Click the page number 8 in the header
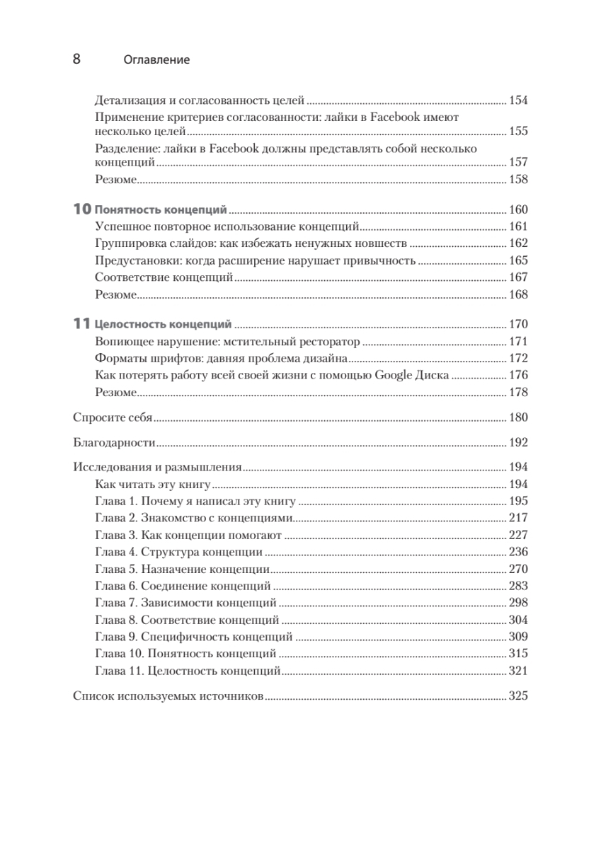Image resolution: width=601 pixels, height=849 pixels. point(77,59)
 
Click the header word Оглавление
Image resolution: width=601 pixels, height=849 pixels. point(156,60)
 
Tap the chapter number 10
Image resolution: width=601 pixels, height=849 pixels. point(82,210)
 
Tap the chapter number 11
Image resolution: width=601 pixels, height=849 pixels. point(82,325)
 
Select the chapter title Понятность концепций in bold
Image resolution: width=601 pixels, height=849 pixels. point(161,210)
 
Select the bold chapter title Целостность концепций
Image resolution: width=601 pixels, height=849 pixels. point(164,325)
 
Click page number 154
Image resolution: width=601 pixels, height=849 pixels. point(519,100)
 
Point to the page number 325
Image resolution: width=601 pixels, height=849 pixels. point(519,696)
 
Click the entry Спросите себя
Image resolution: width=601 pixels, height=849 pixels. point(113,417)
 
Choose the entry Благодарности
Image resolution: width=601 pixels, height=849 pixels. point(115,444)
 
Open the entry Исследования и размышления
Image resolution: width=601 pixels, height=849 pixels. point(158,468)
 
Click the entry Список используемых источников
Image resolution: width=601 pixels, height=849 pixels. point(168,696)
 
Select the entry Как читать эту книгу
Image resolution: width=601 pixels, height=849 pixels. point(153,485)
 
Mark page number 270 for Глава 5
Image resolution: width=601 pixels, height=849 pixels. point(519,569)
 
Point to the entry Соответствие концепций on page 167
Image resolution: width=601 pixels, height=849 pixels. point(163,277)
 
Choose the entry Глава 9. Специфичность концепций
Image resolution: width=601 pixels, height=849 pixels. point(193,637)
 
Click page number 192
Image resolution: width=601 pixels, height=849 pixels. point(519,444)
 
